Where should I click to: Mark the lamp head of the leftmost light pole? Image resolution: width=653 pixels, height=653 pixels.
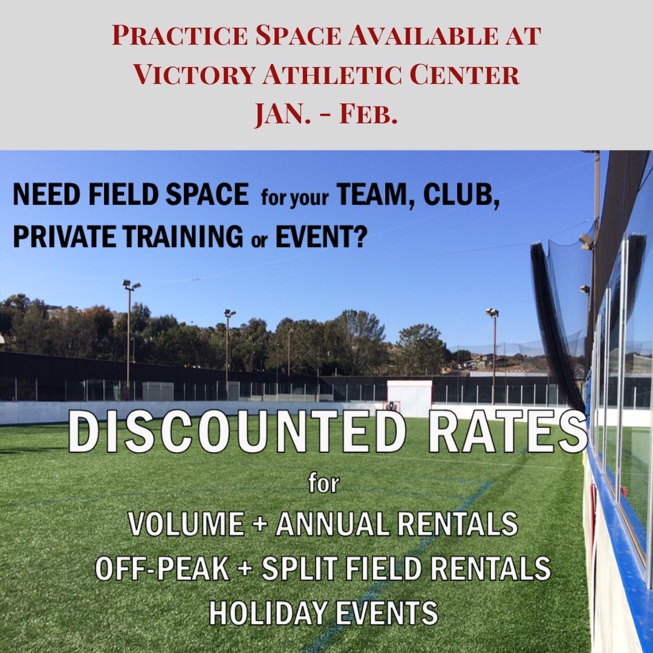point(131,284)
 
